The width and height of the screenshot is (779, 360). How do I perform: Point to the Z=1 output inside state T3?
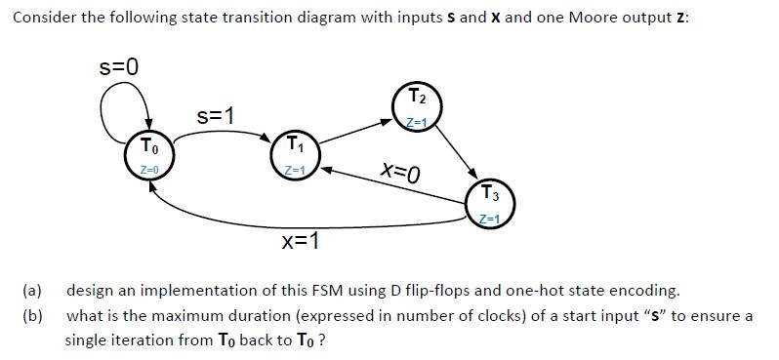point(487,216)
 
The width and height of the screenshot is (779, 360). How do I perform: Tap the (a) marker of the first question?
point(33,292)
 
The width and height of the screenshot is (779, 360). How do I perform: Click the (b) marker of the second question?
point(33,316)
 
